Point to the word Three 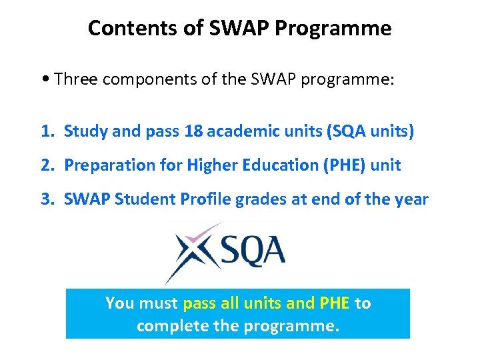coord(75,80)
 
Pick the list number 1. coord(47,131)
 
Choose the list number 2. coord(47,165)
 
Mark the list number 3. coord(47,199)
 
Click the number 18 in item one coord(193,131)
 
